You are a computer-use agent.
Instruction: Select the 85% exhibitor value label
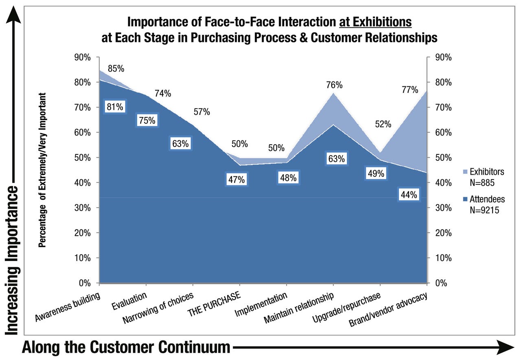tap(116, 68)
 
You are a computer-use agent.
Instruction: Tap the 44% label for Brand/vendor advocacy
tap(408, 195)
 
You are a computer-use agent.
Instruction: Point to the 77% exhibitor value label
tap(409, 90)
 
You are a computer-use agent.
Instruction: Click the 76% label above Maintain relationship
tap(334, 85)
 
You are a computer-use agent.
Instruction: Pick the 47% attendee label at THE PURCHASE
tap(236, 180)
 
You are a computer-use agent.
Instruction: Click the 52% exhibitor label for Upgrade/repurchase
tap(383, 124)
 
